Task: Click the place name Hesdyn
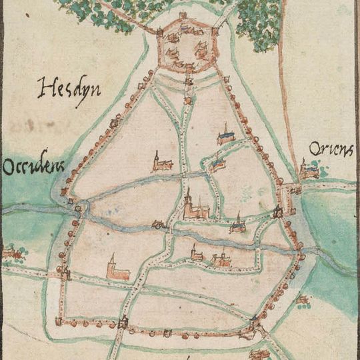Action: [x=69, y=88]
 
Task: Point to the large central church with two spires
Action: [x=194, y=207]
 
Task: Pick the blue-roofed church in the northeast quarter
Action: [x=226, y=136]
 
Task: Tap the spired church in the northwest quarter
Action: [x=161, y=162]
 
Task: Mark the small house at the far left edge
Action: [x=10, y=252]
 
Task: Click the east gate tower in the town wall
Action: [x=279, y=213]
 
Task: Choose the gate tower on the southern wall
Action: [x=123, y=324]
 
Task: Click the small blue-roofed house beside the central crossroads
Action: [x=217, y=164]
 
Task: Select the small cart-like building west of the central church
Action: [x=159, y=224]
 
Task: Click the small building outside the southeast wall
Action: [x=303, y=302]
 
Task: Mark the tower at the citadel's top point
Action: [x=183, y=15]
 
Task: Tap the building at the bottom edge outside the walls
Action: [x=259, y=353]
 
